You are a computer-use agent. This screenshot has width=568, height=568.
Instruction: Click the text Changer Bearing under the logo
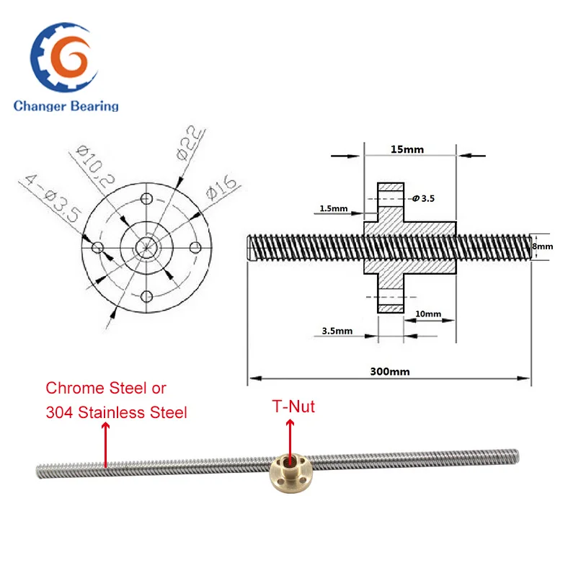click(x=66, y=106)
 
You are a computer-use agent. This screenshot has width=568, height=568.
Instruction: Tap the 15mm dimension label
click(x=408, y=149)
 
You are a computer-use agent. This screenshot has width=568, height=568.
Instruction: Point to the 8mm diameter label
click(x=543, y=246)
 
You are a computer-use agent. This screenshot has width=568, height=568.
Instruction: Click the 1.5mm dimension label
click(x=332, y=209)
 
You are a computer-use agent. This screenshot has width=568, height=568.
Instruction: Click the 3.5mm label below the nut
click(x=333, y=331)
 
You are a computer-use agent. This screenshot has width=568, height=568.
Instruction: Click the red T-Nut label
click(x=293, y=407)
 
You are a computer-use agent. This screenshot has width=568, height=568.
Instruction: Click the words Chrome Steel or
click(x=106, y=388)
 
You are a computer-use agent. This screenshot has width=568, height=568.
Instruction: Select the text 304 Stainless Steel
click(x=116, y=412)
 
